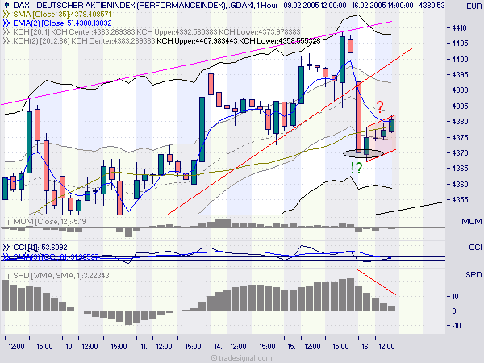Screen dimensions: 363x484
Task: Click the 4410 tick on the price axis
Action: (459, 28)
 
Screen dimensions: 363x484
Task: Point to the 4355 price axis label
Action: (459, 199)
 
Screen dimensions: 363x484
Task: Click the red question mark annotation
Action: (379, 106)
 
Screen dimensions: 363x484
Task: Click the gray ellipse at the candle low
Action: (359, 152)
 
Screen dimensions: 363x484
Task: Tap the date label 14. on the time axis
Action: (218, 345)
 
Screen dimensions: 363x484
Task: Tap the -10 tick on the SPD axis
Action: (455, 325)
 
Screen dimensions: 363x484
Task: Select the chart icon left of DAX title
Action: (6, 5)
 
